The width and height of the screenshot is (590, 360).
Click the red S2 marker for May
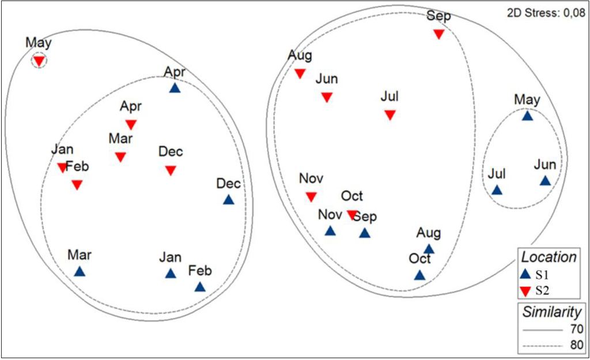click(39, 60)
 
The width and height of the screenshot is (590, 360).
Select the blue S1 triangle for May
click(527, 116)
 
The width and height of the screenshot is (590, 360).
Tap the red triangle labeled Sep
click(438, 34)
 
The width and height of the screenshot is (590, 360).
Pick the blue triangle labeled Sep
click(364, 233)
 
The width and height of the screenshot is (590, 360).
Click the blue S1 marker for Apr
click(175, 88)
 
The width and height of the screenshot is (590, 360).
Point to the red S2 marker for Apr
click(131, 124)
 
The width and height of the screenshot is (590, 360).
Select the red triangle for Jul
click(390, 115)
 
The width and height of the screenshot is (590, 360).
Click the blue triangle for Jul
click(497, 190)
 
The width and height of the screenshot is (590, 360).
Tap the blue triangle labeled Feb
click(200, 287)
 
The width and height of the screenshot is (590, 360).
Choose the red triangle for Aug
click(300, 73)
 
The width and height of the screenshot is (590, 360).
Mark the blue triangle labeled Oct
click(419, 275)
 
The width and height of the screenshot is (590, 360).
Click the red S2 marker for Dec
click(170, 170)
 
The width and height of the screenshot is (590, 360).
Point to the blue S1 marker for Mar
click(80, 271)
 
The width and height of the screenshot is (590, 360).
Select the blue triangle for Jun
click(545, 181)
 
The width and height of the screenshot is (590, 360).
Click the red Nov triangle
click(311, 196)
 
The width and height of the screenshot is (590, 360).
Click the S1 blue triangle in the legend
click(525, 274)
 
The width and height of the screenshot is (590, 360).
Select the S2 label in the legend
click(542, 290)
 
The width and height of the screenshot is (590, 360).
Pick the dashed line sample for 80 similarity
click(542, 346)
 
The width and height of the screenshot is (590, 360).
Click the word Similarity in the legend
click(552, 313)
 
